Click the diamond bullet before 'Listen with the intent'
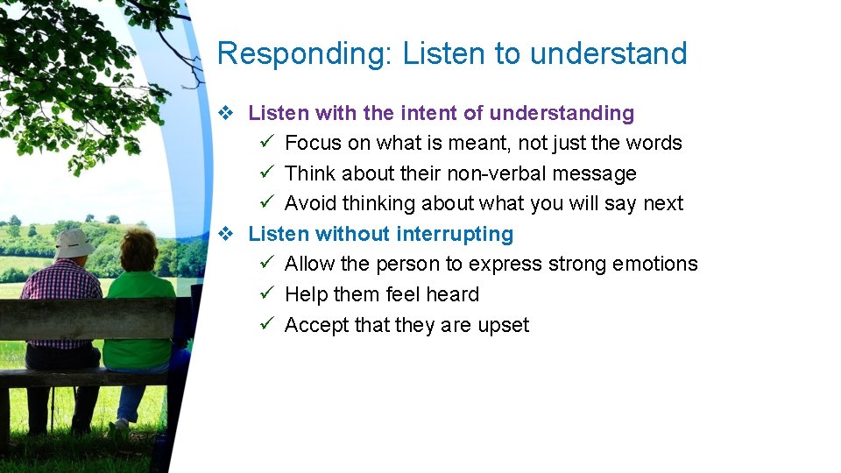(x=225, y=113)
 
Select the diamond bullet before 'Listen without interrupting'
(x=225, y=234)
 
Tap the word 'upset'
(x=503, y=326)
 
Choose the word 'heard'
(x=452, y=294)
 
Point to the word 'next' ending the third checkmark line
(x=662, y=203)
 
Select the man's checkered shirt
(x=61, y=285)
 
